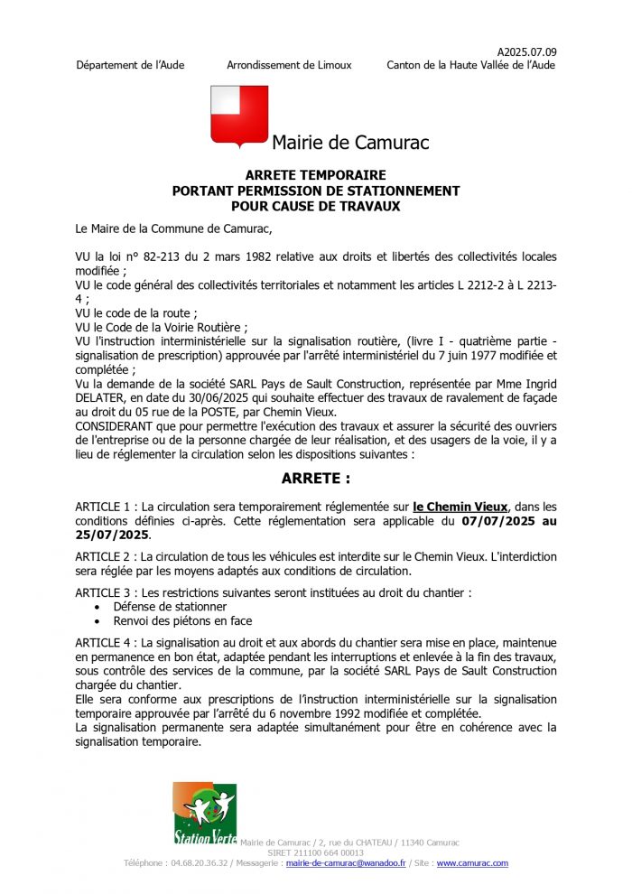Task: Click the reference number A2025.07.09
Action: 526,51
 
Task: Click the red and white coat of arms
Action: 239,115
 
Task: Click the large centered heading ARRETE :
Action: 315,479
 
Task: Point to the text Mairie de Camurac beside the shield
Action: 350,143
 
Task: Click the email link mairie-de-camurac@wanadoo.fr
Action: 346,863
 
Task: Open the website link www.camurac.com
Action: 472,863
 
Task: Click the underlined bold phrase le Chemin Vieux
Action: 460,508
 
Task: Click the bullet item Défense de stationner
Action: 170,607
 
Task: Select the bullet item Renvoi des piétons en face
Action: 182,621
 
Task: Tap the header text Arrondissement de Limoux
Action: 289,65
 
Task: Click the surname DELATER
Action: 104,398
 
